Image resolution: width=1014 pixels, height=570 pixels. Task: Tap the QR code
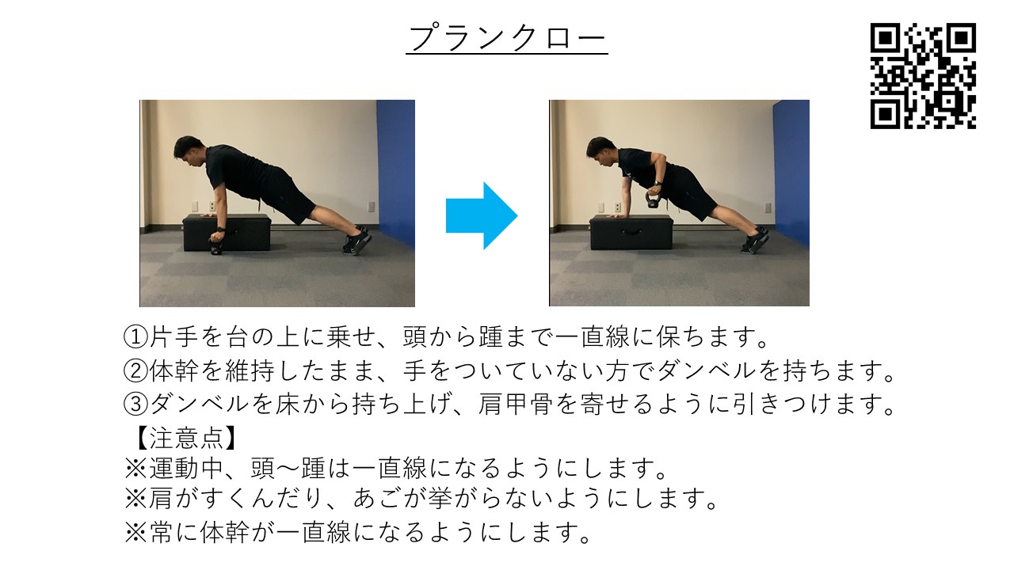923,76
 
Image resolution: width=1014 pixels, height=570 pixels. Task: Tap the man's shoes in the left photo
357,240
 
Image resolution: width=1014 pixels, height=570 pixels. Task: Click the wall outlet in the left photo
370,207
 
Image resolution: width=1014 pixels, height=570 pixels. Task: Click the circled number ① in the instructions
136,337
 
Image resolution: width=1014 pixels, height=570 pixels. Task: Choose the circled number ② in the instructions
136,370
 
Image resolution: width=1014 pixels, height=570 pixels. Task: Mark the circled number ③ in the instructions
136,405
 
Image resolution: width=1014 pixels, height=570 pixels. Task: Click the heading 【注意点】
180,437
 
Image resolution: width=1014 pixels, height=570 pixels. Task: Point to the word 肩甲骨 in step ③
516,405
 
